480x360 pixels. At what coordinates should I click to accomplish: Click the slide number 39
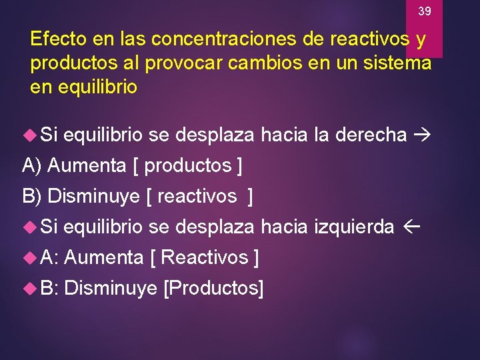click(x=425, y=11)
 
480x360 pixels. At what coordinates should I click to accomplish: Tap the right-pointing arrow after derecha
click(x=422, y=135)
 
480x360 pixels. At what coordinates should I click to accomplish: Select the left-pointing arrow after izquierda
click(x=409, y=227)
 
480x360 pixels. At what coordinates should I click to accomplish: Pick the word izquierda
click(x=354, y=227)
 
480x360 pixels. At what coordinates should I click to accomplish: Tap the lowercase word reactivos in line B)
click(x=197, y=196)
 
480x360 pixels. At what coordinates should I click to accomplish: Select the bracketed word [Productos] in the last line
click(x=213, y=288)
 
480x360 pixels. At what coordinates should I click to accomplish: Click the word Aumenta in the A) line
click(x=88, y=165)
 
